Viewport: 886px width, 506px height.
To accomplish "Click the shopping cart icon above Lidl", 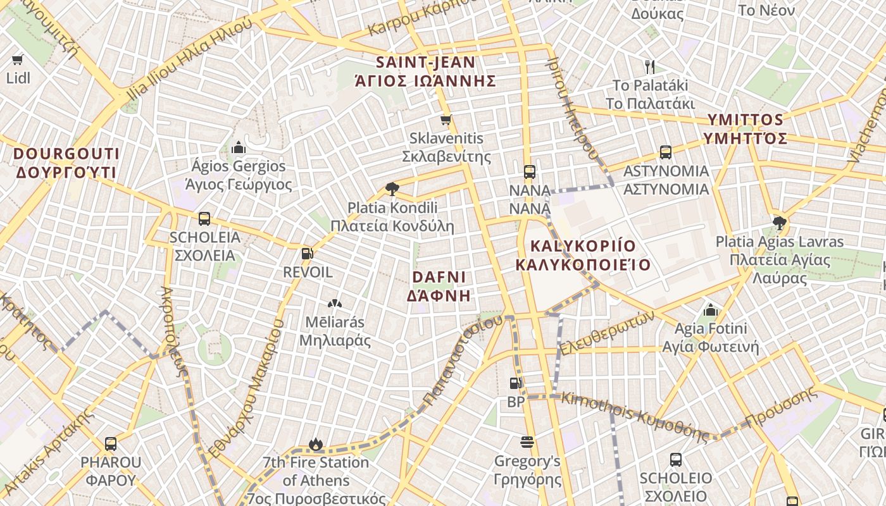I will [18, 60].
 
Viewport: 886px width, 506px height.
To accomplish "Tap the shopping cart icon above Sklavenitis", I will [446, 120].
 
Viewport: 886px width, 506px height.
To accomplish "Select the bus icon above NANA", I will [530, 171].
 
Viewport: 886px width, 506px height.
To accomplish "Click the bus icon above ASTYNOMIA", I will [666, 152].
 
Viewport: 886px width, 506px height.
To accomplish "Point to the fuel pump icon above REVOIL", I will [308, 254].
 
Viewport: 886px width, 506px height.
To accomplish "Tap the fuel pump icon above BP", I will [516, 383].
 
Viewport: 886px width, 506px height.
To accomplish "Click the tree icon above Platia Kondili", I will [392, 188].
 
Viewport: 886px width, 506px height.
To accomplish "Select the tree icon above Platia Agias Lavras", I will [780, 223].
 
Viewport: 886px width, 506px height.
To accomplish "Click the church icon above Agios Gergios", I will [239, 148].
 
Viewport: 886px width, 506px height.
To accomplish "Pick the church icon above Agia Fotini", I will [711, 311].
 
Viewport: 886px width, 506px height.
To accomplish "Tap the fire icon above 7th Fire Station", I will [316, 445].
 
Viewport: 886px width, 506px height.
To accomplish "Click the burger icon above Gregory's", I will [527, 442].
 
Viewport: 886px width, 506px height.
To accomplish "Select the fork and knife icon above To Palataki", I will [650, 66].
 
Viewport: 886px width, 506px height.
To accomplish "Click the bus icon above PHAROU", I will [111, 443].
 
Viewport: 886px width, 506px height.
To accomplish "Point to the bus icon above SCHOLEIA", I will [204, 219].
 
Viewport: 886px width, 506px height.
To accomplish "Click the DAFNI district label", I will [439, 286].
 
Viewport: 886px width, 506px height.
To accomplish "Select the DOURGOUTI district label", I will [66, 163].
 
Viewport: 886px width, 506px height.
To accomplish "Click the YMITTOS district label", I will [746, 128].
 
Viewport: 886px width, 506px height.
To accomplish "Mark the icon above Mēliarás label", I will [335, 304].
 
